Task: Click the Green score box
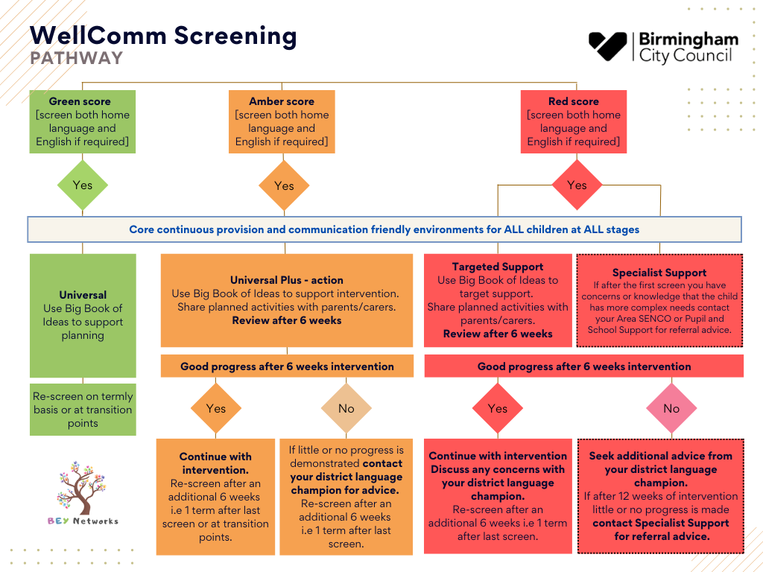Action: tap(83, 121)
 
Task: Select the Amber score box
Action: tap(282, 121)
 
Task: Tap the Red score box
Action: tap(574, 121)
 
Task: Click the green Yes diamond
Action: tap(83, 185)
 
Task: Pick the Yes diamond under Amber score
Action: tap(284, 185)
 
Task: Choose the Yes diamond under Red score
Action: tap(577, 185)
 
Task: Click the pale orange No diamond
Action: tap(346, 408)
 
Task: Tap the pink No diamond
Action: tap(671, 408)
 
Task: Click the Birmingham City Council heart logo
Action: tap(607, 47)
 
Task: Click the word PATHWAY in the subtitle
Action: tap(77, 58)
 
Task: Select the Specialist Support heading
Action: tap(659, 273)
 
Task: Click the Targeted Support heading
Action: tap(498, 267)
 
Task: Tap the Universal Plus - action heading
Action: tap(287, 280)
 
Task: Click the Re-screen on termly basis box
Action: tap(83, 410)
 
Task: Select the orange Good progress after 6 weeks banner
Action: tap(287, 366)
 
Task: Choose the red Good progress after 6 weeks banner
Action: tap(584, 366)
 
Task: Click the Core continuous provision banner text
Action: tap(384, 229)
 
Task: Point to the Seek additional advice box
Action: tap(661, 496)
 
